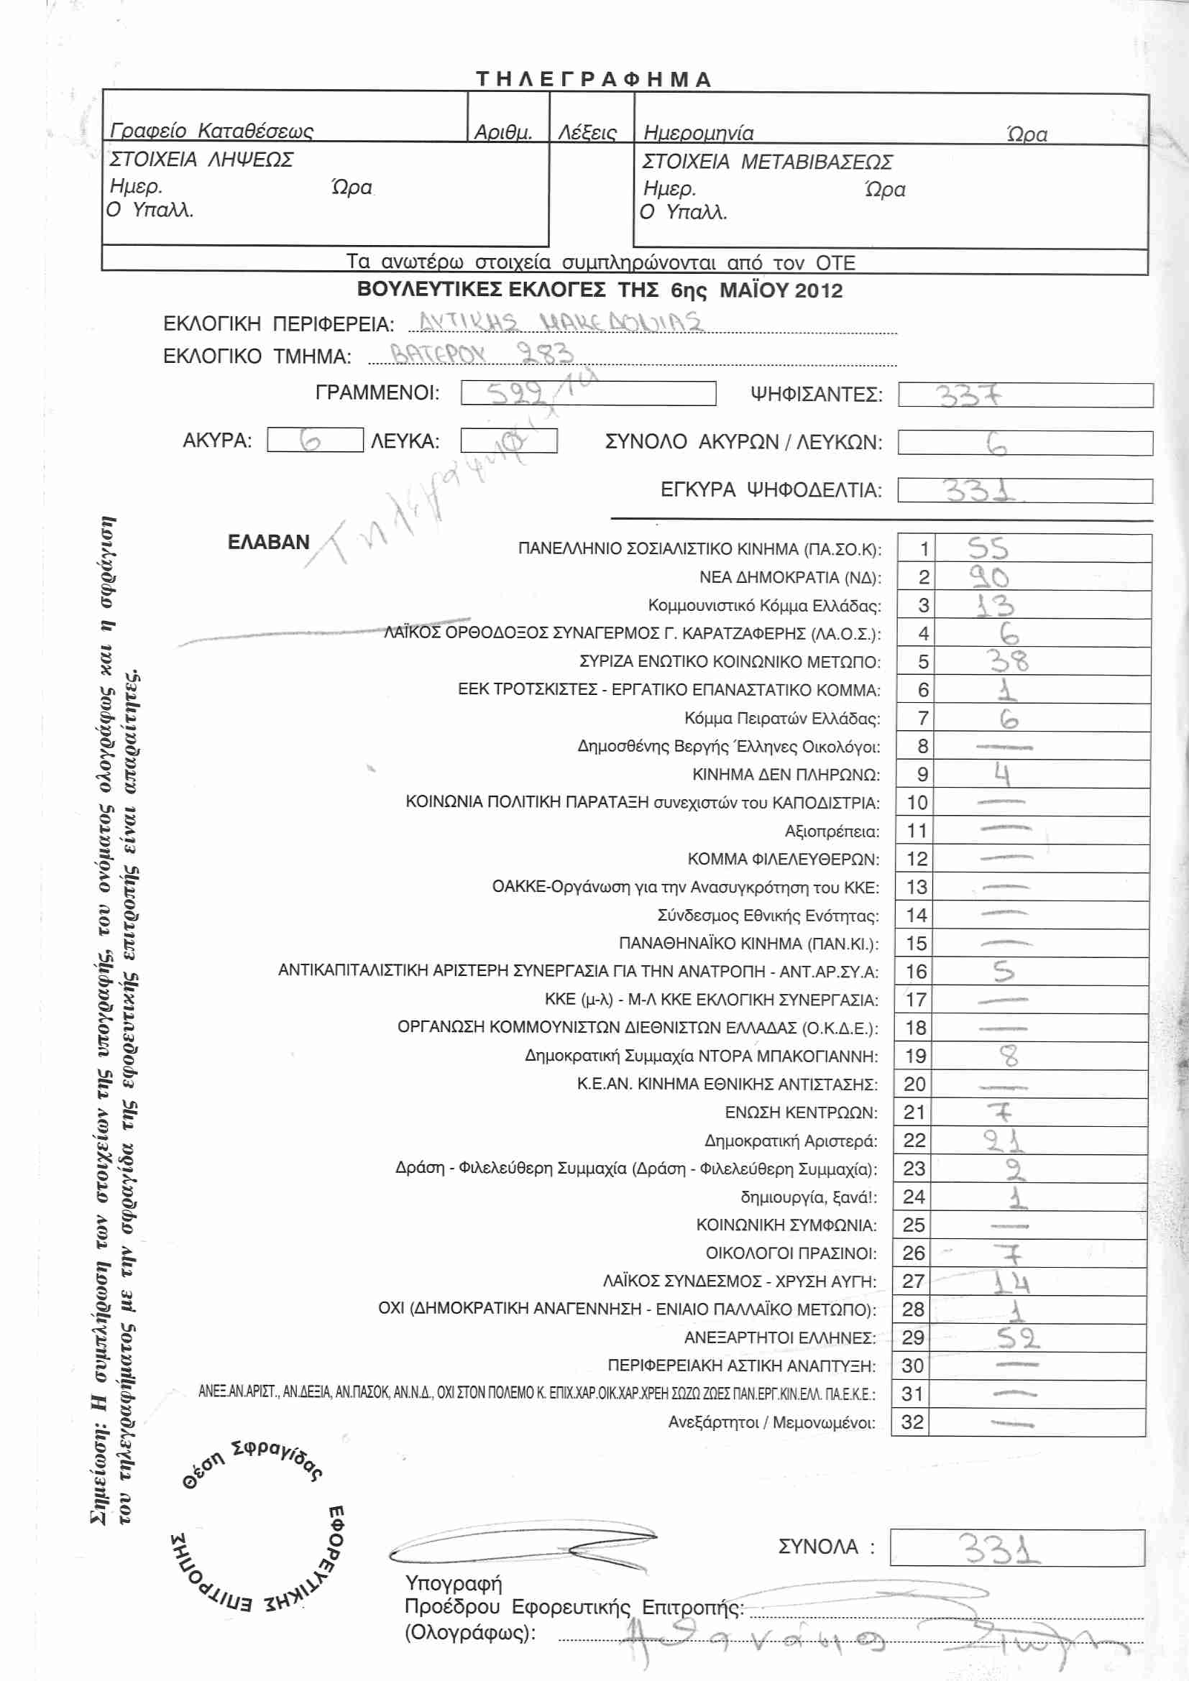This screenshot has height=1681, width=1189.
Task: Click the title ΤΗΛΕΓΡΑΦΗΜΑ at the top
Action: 593,79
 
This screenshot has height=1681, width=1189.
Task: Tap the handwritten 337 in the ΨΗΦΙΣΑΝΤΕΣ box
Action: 968,396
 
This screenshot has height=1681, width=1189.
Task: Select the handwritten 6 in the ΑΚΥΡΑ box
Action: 311,440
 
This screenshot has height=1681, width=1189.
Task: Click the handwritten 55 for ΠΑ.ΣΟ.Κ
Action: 988,548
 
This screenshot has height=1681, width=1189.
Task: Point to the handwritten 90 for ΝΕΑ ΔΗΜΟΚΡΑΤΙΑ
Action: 989,577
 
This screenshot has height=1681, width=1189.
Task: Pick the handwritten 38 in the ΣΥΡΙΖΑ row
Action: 1009,661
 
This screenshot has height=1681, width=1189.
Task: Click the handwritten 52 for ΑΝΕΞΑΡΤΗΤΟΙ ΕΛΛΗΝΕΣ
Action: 1017,1338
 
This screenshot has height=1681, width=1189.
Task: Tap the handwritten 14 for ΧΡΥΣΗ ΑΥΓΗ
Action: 1012,1282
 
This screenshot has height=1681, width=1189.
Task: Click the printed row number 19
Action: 916,1056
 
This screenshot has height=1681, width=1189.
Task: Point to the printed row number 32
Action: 912,1422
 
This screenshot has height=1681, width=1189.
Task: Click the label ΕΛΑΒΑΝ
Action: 268,542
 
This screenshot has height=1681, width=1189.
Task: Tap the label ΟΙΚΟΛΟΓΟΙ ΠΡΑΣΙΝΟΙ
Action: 791,1253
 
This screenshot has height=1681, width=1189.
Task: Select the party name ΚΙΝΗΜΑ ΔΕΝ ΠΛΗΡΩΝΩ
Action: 786,775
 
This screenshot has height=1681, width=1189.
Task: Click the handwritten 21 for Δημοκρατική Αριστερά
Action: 1004,1141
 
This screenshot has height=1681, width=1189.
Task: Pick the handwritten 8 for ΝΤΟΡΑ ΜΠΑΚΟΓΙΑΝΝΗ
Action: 1009,1056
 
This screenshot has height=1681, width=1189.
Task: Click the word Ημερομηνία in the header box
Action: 698,133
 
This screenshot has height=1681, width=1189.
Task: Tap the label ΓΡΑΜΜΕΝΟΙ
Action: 377,393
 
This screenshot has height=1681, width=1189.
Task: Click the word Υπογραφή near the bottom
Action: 453,1583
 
